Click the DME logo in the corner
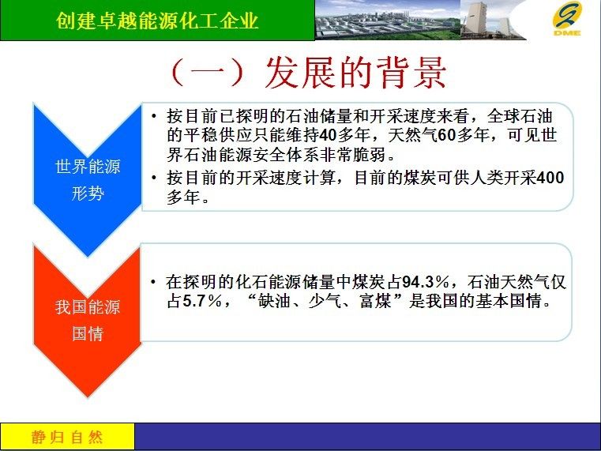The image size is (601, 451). pos(567,19)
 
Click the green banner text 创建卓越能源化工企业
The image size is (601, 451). pos(157,21)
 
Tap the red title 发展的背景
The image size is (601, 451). pos(355,73)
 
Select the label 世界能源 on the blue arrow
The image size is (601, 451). pos(88,167)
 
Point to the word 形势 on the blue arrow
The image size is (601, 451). pos(88,193)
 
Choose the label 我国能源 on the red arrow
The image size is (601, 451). pos(88,307)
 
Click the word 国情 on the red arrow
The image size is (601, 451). pos(88,333)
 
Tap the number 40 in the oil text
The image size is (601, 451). pos(328,135)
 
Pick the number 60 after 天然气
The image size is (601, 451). pos(446,135)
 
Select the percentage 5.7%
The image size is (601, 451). pos(202,301)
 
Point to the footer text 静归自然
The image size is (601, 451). pos(67,437)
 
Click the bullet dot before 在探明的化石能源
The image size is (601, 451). pos(154,283)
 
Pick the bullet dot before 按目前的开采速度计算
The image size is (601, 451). pos(154,178)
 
